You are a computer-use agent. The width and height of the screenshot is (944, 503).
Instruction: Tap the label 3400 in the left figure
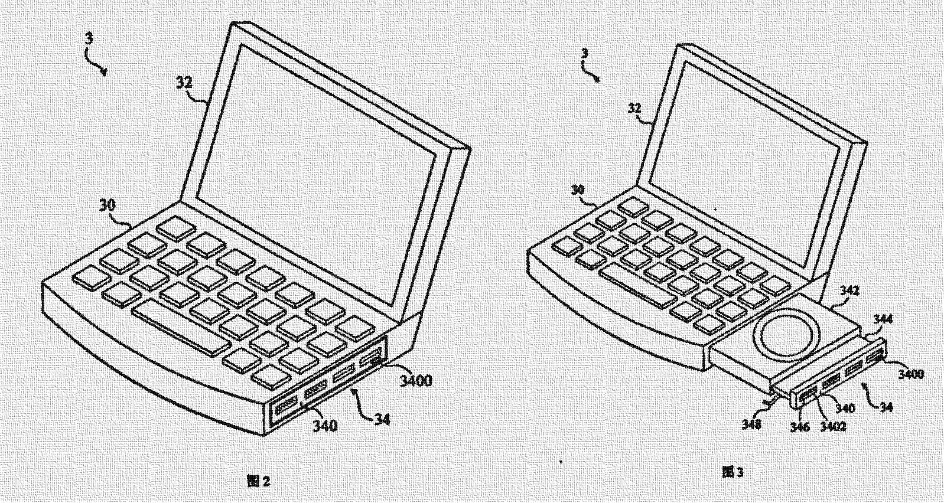click(x=415, y=381)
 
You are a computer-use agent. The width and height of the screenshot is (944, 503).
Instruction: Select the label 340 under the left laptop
click(x=324, y=424)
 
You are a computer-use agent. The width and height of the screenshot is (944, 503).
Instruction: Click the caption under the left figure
click(x=258, y=481)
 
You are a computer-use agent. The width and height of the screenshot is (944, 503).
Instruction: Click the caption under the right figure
click(x=733, y=471)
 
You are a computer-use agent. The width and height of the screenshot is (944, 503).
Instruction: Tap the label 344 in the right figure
click(x=884, y=319)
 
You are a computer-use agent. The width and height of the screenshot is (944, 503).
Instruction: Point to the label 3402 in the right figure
click(x=833, y=426)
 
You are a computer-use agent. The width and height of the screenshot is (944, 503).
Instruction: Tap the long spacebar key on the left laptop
click(x=181, y=325)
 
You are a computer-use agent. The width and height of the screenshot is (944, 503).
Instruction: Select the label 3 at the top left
click(x=89, y=39)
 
